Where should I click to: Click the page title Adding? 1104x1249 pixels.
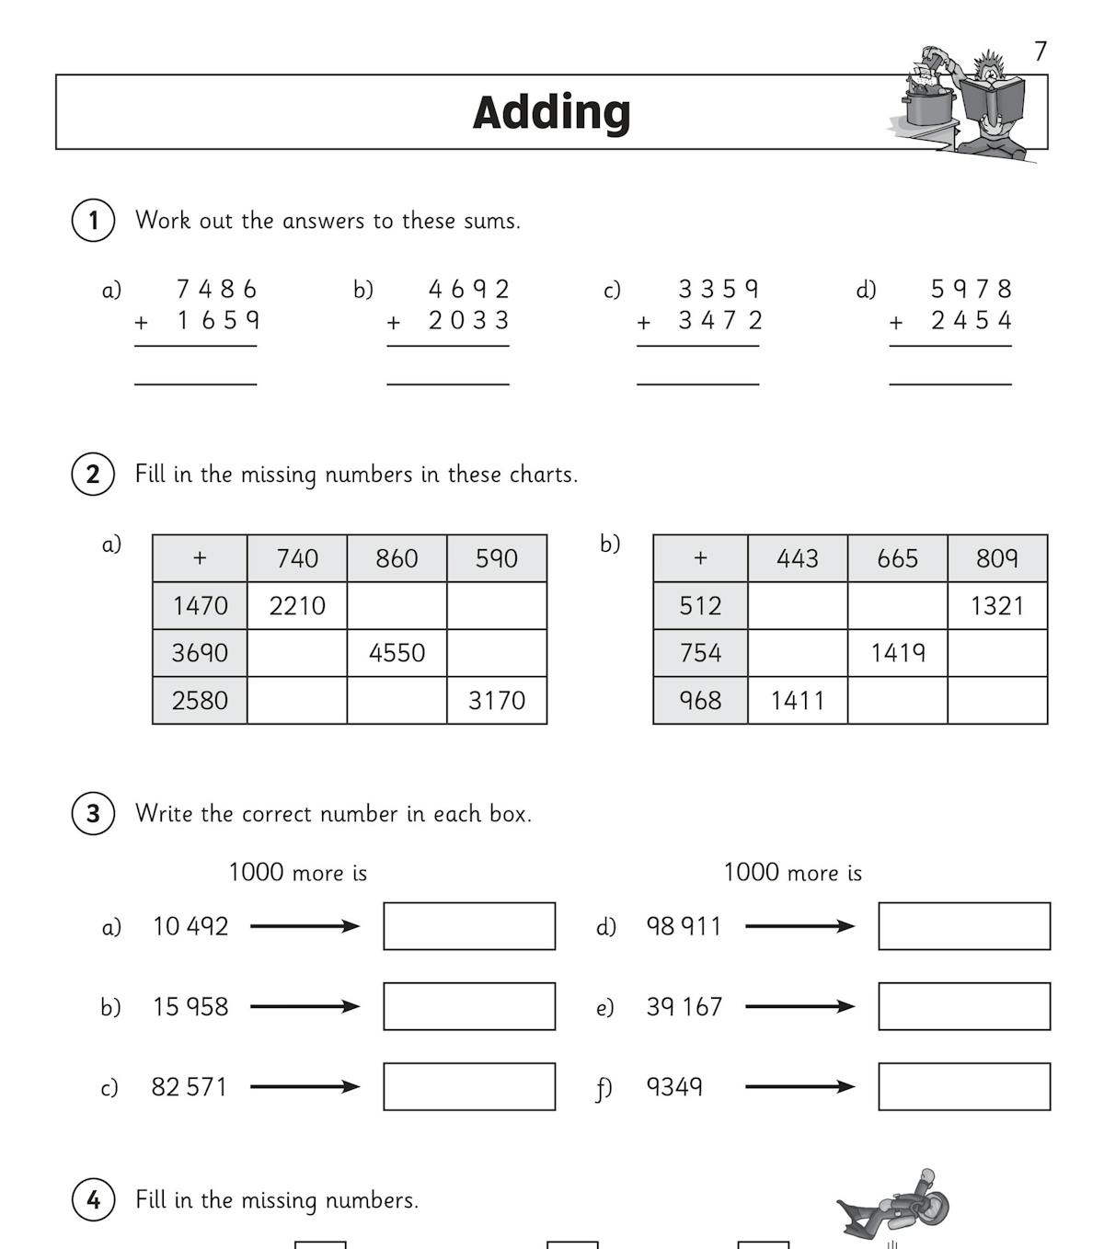pyautogui.click(x=551, y=112)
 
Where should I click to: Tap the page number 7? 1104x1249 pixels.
pyautogui.click(x=1040, y=52)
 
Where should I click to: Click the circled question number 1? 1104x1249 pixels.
pyautogui.click(x=93, y=221)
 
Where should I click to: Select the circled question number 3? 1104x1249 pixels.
pyautogui.click(x=93, y=814)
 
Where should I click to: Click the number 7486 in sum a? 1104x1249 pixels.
pyautogui.click(x=216, y=290)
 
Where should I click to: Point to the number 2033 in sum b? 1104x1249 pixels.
pyautogui.click(x=468, y=321)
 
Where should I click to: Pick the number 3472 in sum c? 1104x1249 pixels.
pyautogui.click(x=720, y=321)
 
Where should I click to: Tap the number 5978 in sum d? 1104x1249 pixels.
pyautogui.click(x=972, y=290)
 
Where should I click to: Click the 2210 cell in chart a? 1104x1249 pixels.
pyautogui.click(x=297, y=606)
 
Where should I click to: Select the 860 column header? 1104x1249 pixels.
pyautogui.click(x=397, y=558)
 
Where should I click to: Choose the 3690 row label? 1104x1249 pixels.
pyautogui.click(x=200, y=653)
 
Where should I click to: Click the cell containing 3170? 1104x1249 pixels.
pyautogui.click(x=497, y=701)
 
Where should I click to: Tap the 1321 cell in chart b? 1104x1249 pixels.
pyautogui.click(x=997, y=606)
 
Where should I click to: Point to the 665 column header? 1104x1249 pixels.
pyautogui.click(x=897, y=558)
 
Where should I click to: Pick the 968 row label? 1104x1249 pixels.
pyautogui.click(x=700, y=701)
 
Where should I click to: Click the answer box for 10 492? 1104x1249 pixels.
pyautogui.click(x=469, y=926)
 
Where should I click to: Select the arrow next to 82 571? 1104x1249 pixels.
pyautogui.click(x=305, y=1087)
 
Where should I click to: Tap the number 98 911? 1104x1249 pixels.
pyautogui.click(x=684, y=926)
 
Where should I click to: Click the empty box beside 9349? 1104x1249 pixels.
pyautogui.click(x=964, y=1087)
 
